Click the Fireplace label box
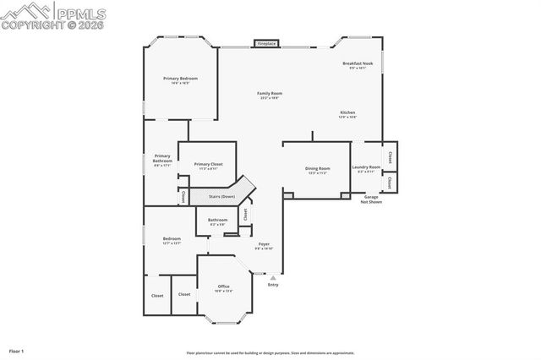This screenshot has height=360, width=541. (266, 43)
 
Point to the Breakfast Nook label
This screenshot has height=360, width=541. (358, 63)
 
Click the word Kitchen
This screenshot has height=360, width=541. (347, 112)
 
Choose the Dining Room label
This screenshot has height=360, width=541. (318, 168)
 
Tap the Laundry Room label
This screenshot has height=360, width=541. (366, 167)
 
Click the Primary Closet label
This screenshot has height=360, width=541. (208, 164)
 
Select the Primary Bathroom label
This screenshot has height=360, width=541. (162, 158)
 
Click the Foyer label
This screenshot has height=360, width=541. (264, 244)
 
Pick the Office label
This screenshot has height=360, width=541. (223, 286)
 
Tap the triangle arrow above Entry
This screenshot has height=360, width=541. (272, 276)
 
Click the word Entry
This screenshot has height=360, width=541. (272, 285)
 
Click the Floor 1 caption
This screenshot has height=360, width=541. (16, 350)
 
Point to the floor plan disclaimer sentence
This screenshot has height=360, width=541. (270, 353)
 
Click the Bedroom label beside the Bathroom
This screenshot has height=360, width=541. (172, 238)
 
